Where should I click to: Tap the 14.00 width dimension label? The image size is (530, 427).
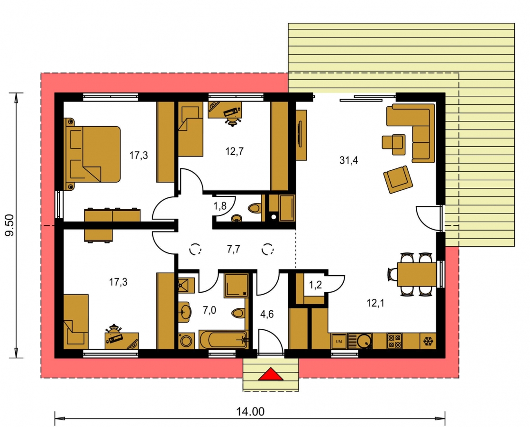250,411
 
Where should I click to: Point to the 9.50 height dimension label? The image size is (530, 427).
9,225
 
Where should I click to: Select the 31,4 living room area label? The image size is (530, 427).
348,160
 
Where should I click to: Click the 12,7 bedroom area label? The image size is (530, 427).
235,151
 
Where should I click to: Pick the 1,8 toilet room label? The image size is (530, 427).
219,205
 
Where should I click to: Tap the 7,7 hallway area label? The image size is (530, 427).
233,250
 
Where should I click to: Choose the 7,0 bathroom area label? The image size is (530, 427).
209,310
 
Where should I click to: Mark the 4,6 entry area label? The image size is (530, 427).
267,314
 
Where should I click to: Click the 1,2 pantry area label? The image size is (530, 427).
315,285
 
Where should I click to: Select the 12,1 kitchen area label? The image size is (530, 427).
375,303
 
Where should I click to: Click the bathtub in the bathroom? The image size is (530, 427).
223,339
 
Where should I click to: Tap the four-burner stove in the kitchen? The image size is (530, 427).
394,341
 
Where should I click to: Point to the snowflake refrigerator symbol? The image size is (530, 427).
428,341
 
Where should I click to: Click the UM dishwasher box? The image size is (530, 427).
338,342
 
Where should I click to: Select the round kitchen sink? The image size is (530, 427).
365,341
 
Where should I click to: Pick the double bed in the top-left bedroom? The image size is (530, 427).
92,154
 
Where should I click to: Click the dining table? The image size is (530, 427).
417,274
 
